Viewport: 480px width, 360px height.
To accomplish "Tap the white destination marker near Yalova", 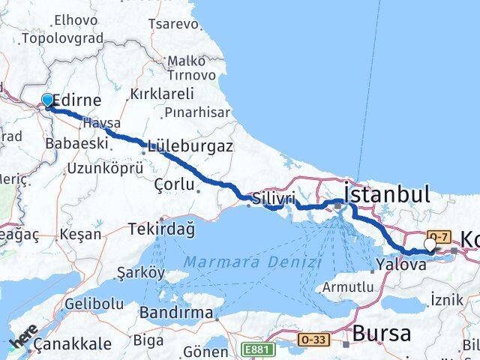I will coord(430,244).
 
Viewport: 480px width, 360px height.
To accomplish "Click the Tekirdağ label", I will coord(161,229).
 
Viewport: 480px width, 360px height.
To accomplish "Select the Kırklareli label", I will coord(162,94).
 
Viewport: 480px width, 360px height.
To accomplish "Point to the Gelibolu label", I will coord(94,303).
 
